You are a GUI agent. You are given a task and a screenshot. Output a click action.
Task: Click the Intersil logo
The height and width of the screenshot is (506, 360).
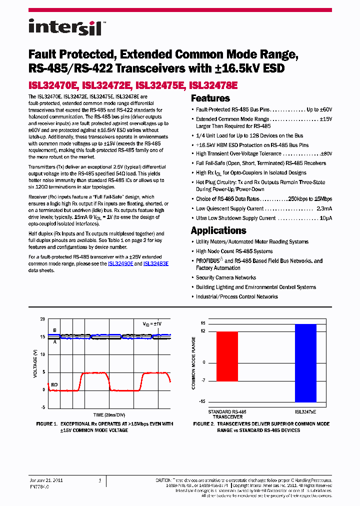[x=65, y=27]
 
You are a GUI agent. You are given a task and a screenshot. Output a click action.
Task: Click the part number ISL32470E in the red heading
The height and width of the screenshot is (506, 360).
[x=53, y=85]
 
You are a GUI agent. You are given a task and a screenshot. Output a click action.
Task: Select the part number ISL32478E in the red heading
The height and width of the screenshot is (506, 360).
[x=213, y=85]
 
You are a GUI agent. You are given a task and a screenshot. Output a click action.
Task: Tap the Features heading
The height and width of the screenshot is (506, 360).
[x=210, y=98]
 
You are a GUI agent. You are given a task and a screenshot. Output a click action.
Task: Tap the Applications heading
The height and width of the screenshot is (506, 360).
[x=218, y=230]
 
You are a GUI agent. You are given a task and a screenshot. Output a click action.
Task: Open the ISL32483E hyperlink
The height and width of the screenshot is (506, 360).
[x=156, y=263]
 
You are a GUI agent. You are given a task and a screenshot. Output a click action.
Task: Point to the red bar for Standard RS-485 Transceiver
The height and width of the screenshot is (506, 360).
[x=227, y=356]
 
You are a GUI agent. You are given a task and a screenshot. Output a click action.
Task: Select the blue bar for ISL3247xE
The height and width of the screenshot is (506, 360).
[x=305, y=363]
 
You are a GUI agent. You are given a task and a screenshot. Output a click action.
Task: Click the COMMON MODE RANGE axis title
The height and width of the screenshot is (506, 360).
[x=194, y=363]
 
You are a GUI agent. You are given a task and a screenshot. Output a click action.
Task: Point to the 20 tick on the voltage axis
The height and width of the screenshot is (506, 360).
[x=42, y=319]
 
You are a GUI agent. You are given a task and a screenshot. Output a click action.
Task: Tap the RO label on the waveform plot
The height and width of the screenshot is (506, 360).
[x=54, y=384]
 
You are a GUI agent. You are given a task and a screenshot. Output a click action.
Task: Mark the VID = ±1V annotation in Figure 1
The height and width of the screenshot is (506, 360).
[x=152, y=324]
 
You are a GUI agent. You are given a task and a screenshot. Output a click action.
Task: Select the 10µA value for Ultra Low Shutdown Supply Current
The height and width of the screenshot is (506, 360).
[x=325, y=218]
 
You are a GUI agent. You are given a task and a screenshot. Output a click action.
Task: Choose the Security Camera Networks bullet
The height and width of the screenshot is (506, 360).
[x=226, y=277]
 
